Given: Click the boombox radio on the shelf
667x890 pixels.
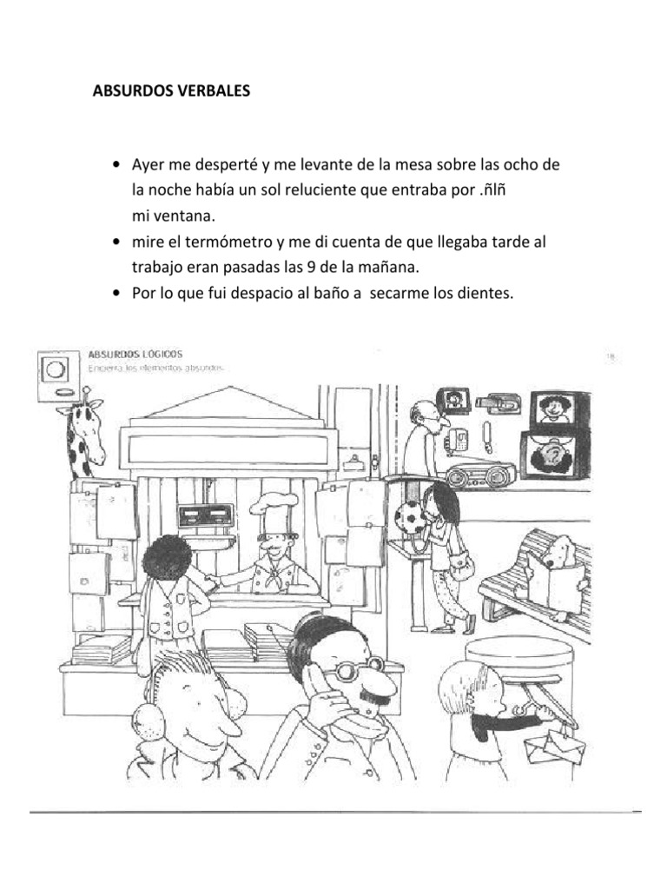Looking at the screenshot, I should pyautogui.click(x=480, y=474).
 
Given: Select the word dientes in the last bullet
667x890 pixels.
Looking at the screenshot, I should pyautogui.click(x=487, y=294).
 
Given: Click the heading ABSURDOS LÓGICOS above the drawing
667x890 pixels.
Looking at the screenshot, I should pyautogui.click(x=135, y=354).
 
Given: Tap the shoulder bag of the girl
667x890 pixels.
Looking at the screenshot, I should pyautogui.click(x=463, y=568).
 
